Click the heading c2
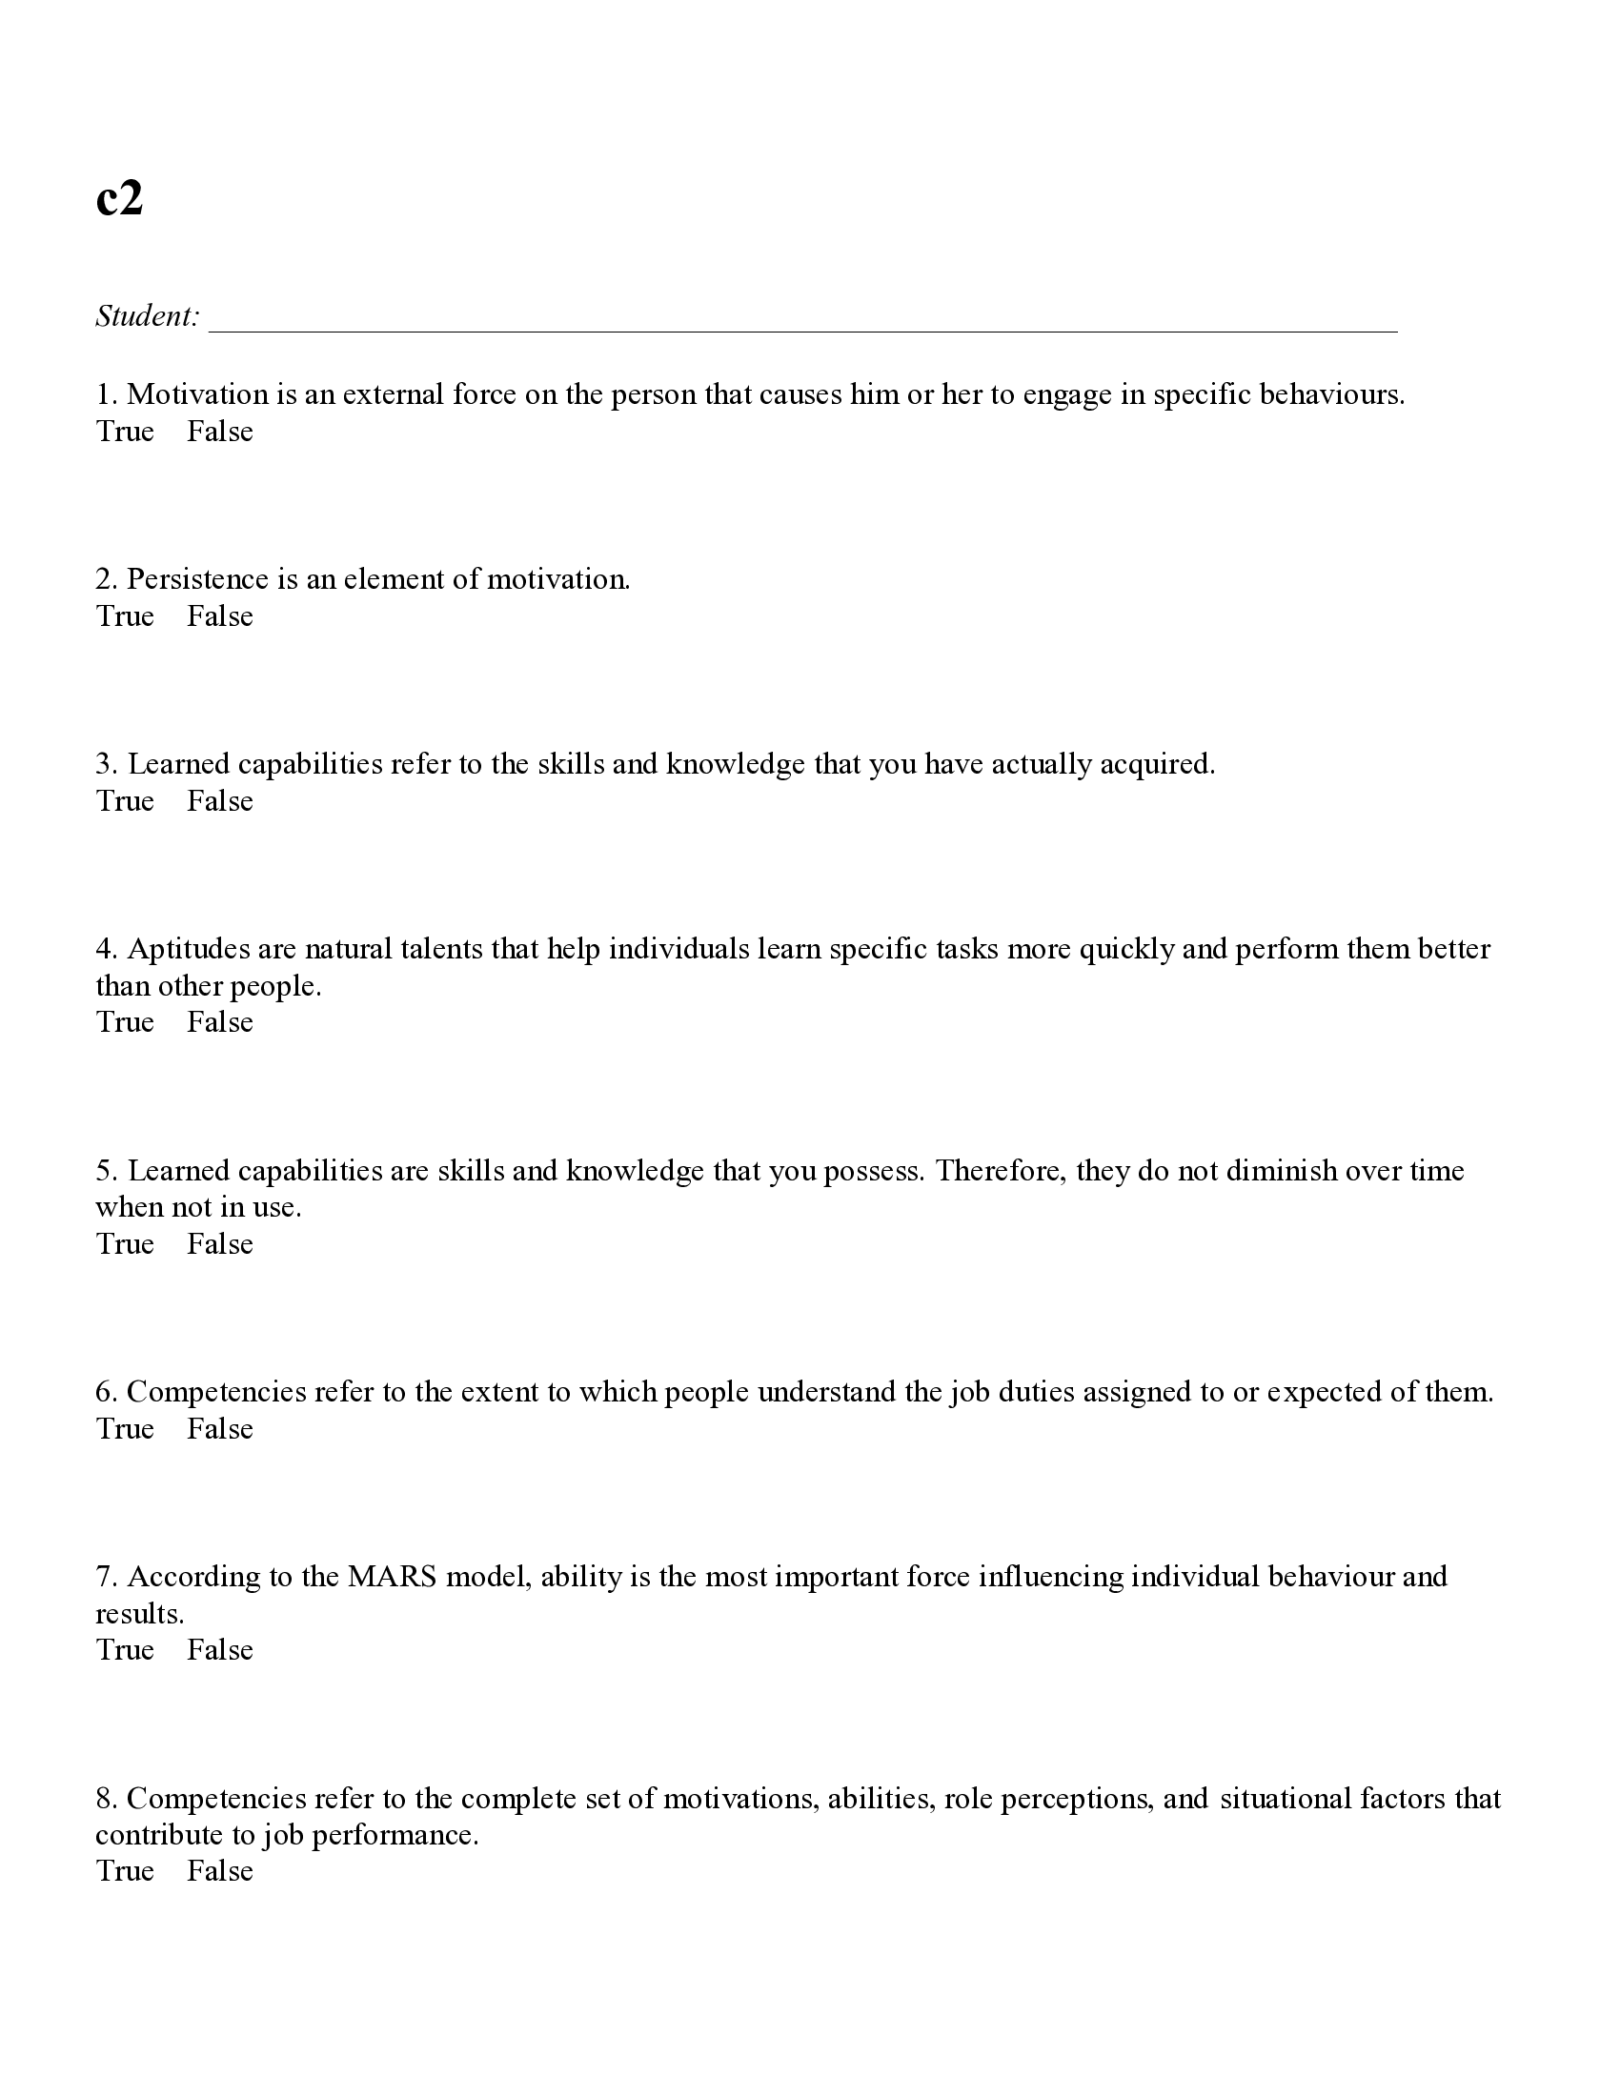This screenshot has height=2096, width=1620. coord(119,200)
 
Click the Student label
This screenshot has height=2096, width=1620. coord(147,315)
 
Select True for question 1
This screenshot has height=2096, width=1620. coord(125,432)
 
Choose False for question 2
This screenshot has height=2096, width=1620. coord(220,616)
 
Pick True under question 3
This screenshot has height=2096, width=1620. coord(125,801)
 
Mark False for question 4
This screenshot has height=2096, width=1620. coord(220,1022)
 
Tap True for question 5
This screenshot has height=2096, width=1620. coord(125,1243)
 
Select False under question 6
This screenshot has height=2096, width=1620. coord(220,1429)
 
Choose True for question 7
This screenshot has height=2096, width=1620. coord(125,1650)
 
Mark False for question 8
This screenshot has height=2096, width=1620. coord(220,1870)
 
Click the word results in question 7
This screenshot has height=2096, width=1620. coord(138,1614)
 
